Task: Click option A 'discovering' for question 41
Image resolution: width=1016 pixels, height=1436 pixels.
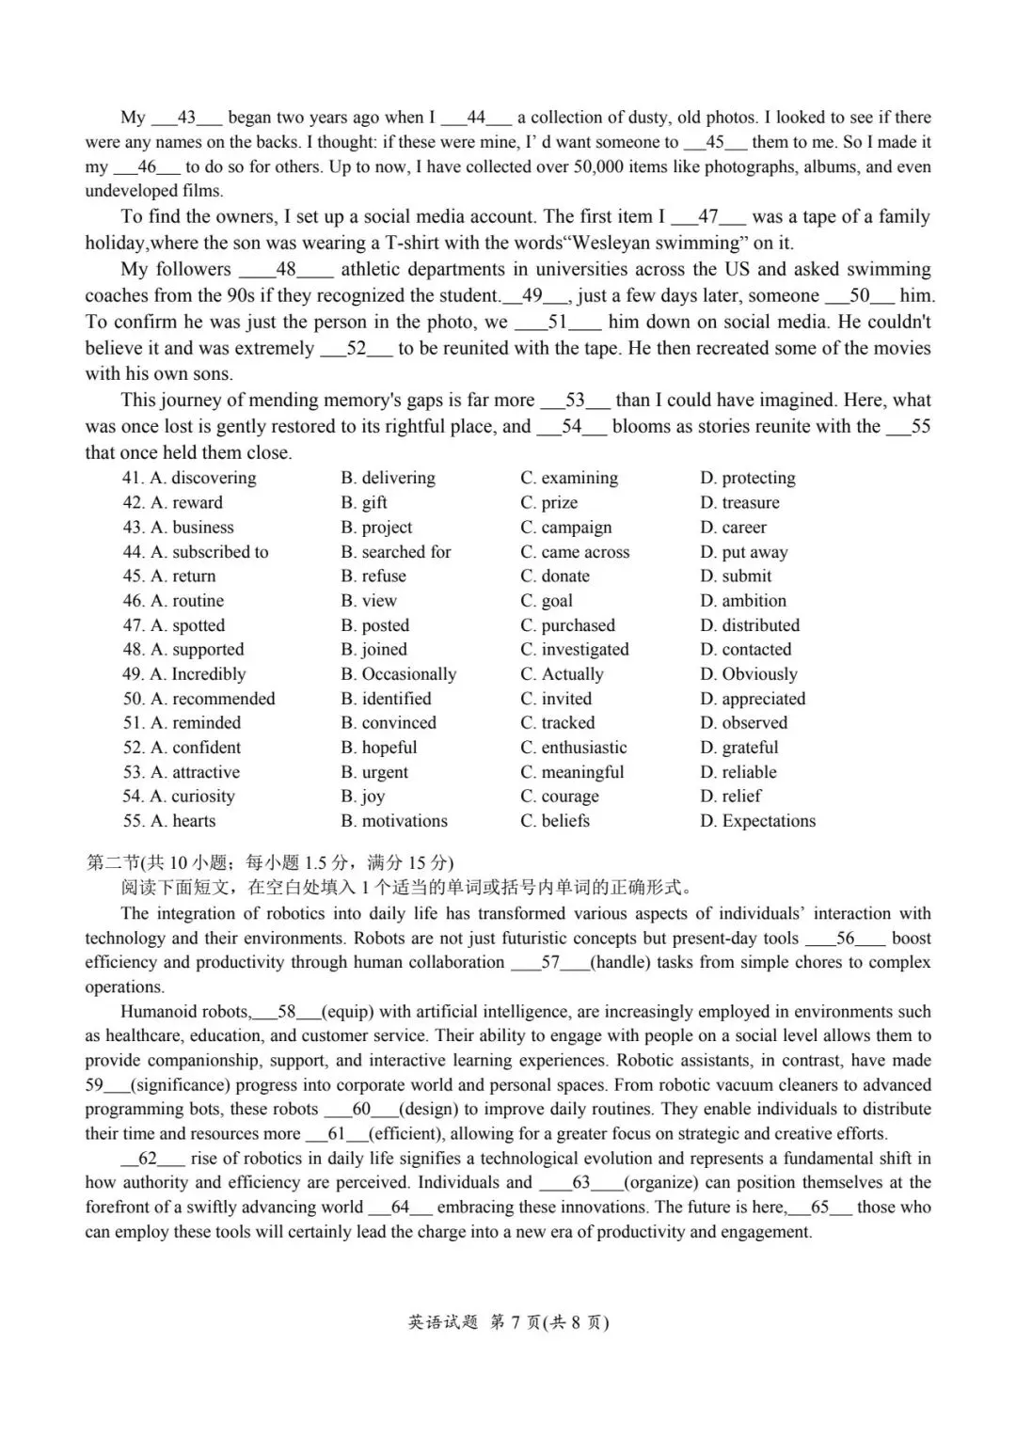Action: (203, 478)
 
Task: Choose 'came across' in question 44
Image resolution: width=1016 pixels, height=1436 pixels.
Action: (575, 552)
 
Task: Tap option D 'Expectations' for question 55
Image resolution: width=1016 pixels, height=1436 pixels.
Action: (758, 821)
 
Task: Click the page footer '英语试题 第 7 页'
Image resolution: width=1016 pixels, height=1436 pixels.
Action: (508, 1322)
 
